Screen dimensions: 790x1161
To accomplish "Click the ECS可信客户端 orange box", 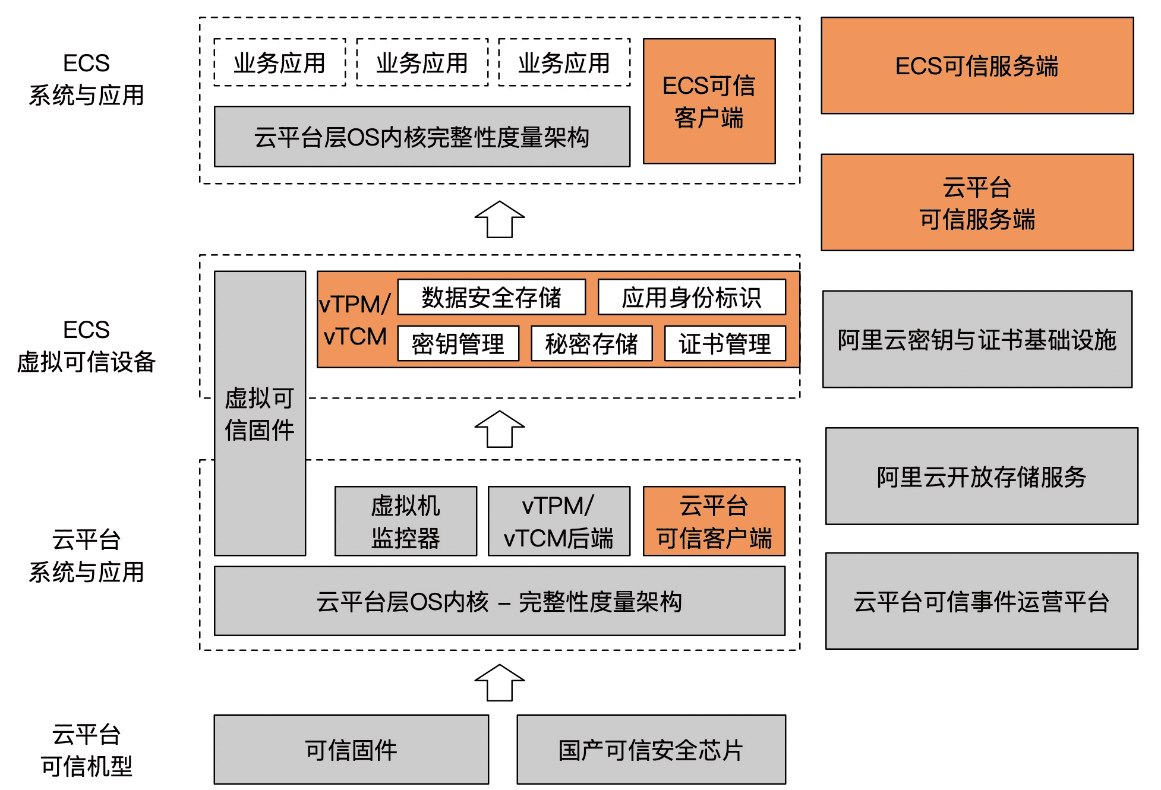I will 709,101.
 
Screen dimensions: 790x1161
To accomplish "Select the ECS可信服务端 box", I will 977,65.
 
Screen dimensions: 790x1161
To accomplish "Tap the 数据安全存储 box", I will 491,297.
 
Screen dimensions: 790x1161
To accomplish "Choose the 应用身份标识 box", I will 692,297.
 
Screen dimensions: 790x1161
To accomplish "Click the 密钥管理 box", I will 458,343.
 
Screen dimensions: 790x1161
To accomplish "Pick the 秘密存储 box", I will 592,343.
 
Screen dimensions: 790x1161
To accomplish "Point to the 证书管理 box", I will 725,343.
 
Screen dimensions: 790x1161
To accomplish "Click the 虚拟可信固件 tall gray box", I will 260,413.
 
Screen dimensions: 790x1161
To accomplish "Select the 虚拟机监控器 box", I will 406,521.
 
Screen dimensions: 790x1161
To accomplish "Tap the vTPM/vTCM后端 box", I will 559,521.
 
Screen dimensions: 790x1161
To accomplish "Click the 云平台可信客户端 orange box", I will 714,521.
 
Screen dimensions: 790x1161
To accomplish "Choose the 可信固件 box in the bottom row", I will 351,749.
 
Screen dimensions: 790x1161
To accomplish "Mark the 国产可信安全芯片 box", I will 651,749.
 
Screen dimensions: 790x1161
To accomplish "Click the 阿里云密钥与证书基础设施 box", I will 977,339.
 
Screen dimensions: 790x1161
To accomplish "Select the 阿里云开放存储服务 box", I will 982,476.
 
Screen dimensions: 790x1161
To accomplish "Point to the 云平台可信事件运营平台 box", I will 982,601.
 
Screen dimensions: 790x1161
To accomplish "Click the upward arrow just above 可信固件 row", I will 500,683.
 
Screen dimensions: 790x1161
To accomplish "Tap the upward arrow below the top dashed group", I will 500,220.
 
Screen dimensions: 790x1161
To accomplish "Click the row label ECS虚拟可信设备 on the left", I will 87,346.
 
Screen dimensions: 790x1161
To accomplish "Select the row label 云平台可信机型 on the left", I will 87,750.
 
